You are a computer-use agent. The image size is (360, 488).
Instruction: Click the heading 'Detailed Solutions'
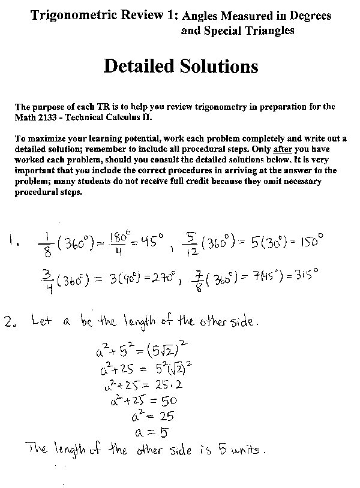(x=181, y=66)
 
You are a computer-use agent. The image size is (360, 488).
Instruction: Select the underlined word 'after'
(x=282, y=148)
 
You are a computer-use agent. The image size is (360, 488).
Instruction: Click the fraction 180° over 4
(x=121, y=243)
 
